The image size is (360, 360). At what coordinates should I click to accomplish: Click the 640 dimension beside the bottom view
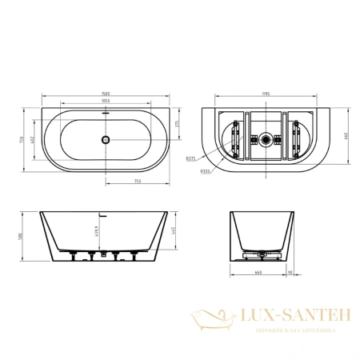pyautogui.click(x=346, y=136)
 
